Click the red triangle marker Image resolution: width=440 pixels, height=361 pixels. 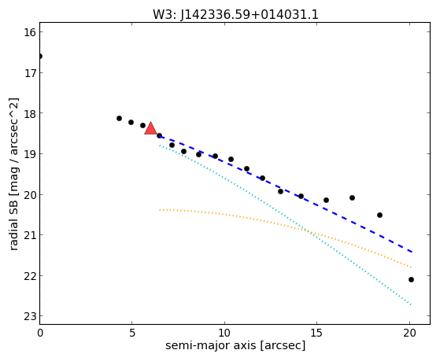pyautogui.click(x=150, y=128)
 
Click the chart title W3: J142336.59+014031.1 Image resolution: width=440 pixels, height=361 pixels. pyautogui.click(x=235, y=14)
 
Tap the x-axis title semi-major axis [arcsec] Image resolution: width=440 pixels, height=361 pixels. pyautogui.click(x=235, y=345)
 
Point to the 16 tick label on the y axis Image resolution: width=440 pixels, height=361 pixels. pyautogui.click(x=29, y=32)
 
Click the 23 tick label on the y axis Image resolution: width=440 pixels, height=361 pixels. pyautogui.click(x=29, y=316)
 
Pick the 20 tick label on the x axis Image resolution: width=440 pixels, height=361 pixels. pyautogui.click(x=409, y=333)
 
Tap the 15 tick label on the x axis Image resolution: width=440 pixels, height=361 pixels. pyautogui.click(x=316, y=333)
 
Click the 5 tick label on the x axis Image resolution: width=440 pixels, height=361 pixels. pyautogui.click(x=132, y=333)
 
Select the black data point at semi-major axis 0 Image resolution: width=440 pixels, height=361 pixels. pyautogui.click(x=40, y=57)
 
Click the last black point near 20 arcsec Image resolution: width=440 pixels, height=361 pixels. pyautogui.click(x=411, y=280)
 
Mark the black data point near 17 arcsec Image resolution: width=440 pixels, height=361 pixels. pyautogui.click(x=352, y=197)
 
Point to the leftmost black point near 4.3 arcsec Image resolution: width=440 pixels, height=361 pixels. pyautogui.click(x=119, y=119)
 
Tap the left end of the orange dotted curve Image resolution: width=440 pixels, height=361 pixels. pyautogui.click(x=160, y=210)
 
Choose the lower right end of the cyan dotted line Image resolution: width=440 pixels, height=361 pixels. pyautogui.click(x=411, y=304)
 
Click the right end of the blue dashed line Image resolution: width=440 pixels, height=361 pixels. pyautogui.click(x=412, y=252)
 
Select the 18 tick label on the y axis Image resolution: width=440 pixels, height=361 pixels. pyautogui.click(x=29, y=113)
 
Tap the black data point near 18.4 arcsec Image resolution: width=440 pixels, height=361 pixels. pyautogui.click(x=379, y=215)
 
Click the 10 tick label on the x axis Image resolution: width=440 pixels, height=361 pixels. pyautogui.click(x=224, y=333)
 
